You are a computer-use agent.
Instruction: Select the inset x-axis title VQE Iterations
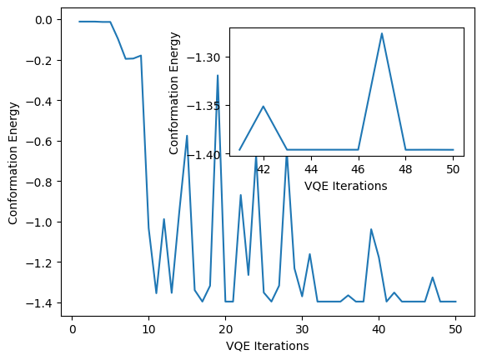[345, 186]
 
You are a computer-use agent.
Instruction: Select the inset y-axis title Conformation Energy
[174, 92]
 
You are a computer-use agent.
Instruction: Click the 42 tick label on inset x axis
[264, 169]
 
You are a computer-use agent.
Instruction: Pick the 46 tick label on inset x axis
[359, 169]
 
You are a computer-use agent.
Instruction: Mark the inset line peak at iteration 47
[382, 33]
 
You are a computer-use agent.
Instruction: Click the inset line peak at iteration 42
[264, 106]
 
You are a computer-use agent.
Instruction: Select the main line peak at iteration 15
[187, 136]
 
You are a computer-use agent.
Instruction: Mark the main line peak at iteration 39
[371, 229]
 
